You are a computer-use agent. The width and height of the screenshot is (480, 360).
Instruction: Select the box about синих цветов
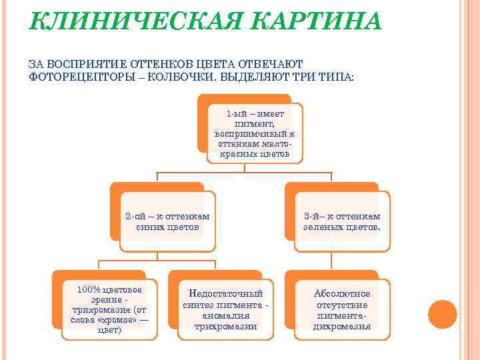click(x=167, y=221)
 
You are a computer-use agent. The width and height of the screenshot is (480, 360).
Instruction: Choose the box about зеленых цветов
click(x=342, y=221)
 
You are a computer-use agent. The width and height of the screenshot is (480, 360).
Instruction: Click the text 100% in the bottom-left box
click(x=89, y=289)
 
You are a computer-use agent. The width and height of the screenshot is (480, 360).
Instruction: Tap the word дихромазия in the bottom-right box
click(x=342, y=327)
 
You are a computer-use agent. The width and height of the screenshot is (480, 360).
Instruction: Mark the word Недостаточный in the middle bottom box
click(x=225, y=293)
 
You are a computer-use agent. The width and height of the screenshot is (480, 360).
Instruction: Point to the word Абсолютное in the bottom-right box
click(x=342, y=293)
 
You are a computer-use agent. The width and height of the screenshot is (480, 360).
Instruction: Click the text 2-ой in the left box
click(x=135, y=216)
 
